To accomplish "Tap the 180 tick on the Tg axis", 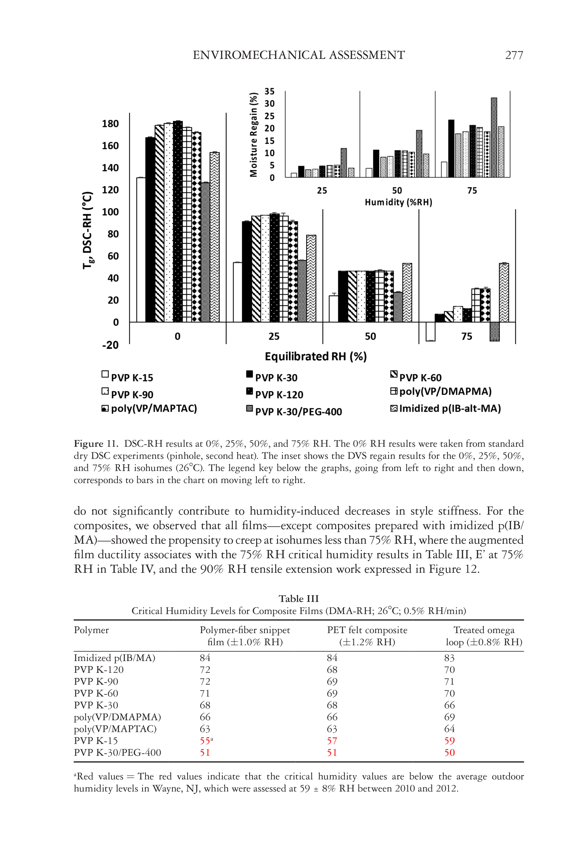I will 110,124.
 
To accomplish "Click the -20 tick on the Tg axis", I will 110,345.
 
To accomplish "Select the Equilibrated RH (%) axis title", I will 316,357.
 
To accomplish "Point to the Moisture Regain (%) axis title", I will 253,135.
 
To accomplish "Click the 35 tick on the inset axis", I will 269,91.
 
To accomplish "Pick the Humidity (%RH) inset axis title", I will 398,202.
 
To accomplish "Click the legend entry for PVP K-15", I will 127,377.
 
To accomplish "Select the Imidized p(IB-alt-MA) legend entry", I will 445,408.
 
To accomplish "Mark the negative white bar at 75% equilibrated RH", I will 430,332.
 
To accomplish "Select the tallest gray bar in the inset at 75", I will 494,137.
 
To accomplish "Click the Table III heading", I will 298,599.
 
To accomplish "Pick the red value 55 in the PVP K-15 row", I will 205,741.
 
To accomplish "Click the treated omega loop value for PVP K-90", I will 449,682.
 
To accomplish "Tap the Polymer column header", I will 91,630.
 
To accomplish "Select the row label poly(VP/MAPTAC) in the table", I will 115,729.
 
